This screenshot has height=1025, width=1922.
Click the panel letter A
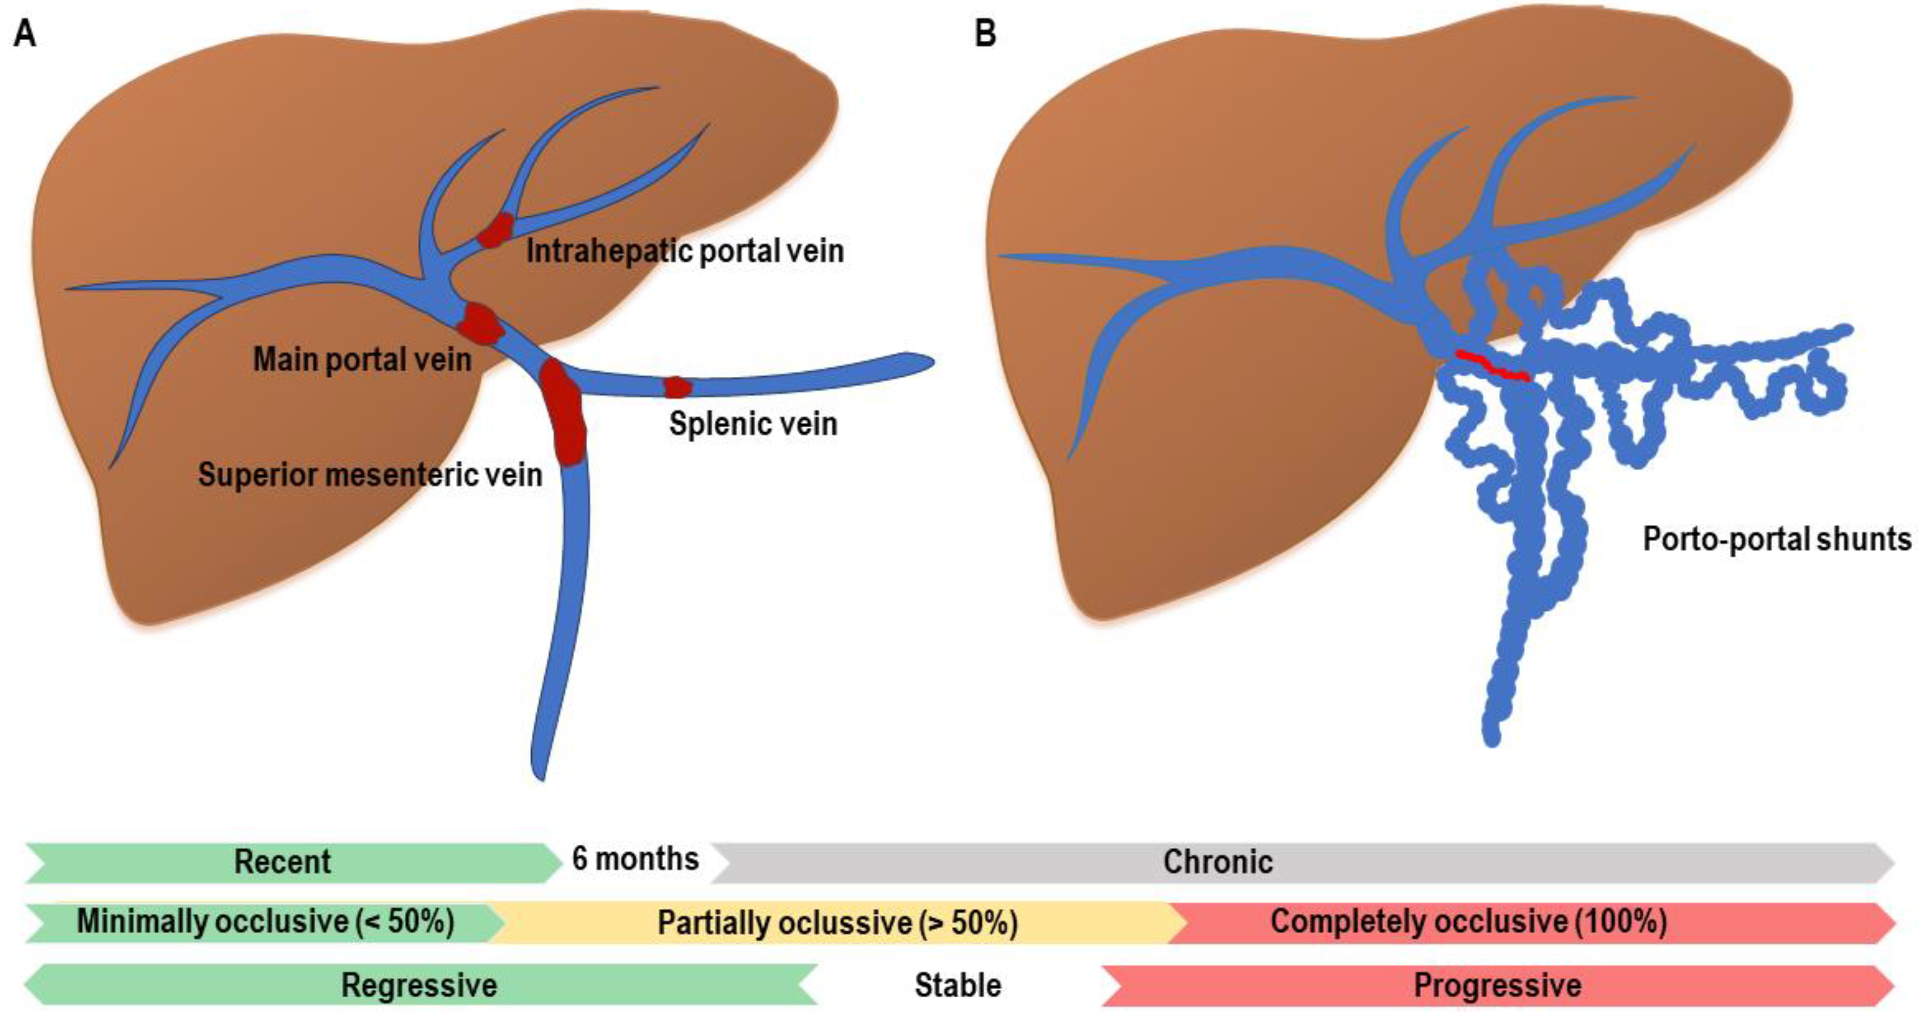tap(24, 34)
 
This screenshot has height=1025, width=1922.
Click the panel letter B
tap(985, 34)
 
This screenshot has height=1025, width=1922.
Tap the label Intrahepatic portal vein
tap(685, 251)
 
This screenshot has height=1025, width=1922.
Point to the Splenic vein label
tap(753, 424)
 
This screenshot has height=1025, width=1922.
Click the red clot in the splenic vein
tap(677, 387)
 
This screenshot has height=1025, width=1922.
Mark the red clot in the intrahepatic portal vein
tap(495, 230)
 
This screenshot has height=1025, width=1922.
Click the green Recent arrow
tap(283, 862)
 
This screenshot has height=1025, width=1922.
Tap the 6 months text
tap(635, 859)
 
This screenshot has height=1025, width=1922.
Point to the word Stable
tap(957, 985)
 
